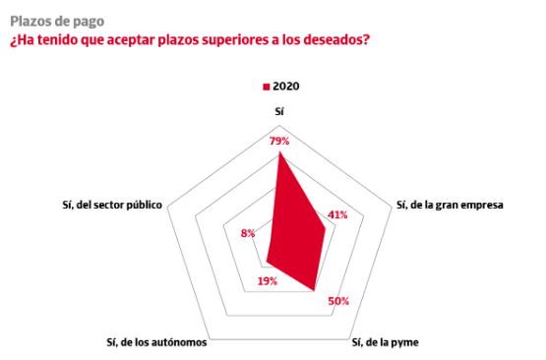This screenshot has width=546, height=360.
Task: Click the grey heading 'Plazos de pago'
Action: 57,22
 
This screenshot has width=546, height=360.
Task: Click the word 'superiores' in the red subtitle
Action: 235,39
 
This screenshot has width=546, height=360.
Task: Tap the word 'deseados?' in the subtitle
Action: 336,39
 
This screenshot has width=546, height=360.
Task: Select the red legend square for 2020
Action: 267,87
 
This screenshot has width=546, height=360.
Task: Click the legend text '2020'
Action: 286,86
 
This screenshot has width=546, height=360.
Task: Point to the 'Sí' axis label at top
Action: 279,111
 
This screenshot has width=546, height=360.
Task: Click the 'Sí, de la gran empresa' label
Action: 450,205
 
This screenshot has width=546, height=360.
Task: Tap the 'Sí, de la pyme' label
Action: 385,342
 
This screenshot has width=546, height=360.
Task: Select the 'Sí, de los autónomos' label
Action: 156,342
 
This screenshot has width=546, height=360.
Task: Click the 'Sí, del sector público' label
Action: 112,205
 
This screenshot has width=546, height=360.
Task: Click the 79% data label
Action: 279,141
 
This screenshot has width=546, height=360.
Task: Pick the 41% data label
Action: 337,214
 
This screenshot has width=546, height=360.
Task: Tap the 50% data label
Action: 338,301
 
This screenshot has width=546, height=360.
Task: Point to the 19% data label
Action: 268,281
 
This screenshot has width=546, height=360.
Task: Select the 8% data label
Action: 248,233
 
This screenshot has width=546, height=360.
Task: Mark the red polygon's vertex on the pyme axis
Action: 314,290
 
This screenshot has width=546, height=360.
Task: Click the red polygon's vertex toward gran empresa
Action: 326,228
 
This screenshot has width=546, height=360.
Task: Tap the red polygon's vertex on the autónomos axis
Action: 267,261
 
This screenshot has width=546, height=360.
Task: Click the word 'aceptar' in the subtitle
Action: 130,40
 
